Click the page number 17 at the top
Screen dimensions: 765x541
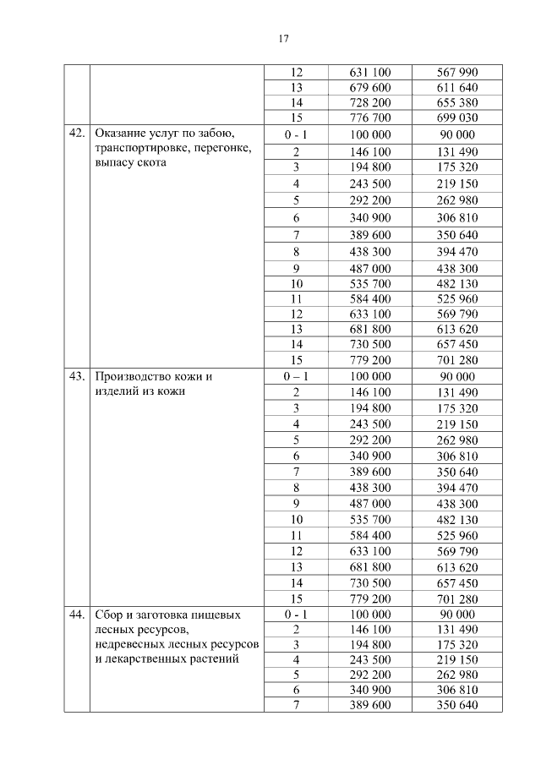click(283, 38)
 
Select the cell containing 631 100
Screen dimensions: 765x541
click(369, 73)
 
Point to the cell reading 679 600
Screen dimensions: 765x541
click(369, 88)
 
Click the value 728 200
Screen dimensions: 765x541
click(369, 103)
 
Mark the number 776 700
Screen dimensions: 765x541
click(369, 118)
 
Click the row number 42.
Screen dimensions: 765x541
click(77, 134)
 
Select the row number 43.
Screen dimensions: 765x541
click(77, 376)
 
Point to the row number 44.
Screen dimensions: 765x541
click(77, 615)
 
